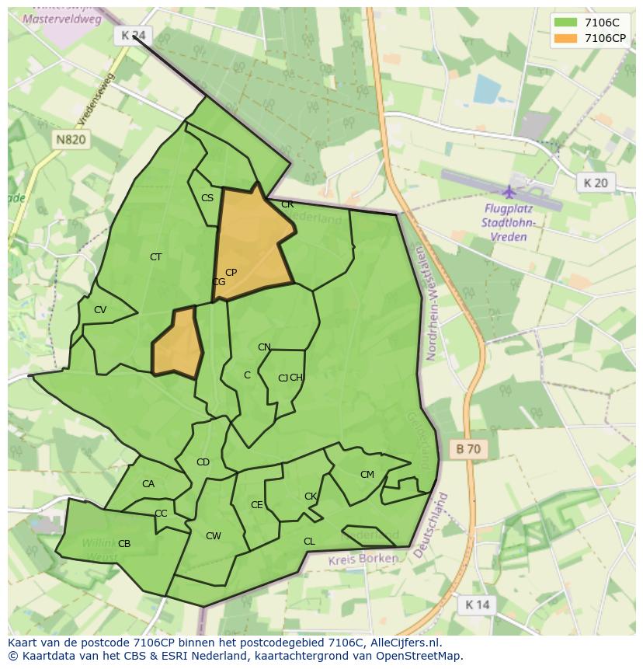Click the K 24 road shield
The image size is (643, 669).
pyautogui.click(x=134, y=35)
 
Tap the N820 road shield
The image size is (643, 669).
pyautogui.click(x=71, y=140)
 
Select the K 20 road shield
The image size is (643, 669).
pyautogui.click(x=596, y=183)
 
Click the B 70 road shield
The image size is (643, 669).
pyautogui.click(x=468, y=448)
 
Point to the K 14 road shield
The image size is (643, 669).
pyautogui.click(x=477, y=605)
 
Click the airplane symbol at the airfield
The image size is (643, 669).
pyautogui.click(x=509, y=192)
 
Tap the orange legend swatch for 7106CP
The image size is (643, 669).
pyautogui.click(x=565, y=38)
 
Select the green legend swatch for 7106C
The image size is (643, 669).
pyautogui.click(x=565, y=23)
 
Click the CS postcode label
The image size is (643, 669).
pyautogui.click(x=207, y=198)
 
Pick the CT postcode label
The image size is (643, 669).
pyautogui.click(x=156, y=257)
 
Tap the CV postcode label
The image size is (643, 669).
pyautogui.click(x=100, y=310)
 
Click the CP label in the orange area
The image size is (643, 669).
pyautogui.click(x=231, y=273)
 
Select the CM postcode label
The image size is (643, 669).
pyautogui.click(x=367, y=475)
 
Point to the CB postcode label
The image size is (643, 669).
pyautogui.click(x=124, y=544)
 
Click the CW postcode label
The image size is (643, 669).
pyautogui.click(x=214, y=536)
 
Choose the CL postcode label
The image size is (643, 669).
pyautogui.click(x=309, y=542)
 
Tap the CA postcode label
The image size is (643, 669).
pyautogui.click(x=148, y=484)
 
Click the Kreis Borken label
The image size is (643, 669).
pyautogui.click(x=363, y=559)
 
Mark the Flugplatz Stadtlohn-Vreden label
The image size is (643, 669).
pyautogui.click(x=510, y=222)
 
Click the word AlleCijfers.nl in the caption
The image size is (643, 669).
pyautogui.click(x=405, y=643)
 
